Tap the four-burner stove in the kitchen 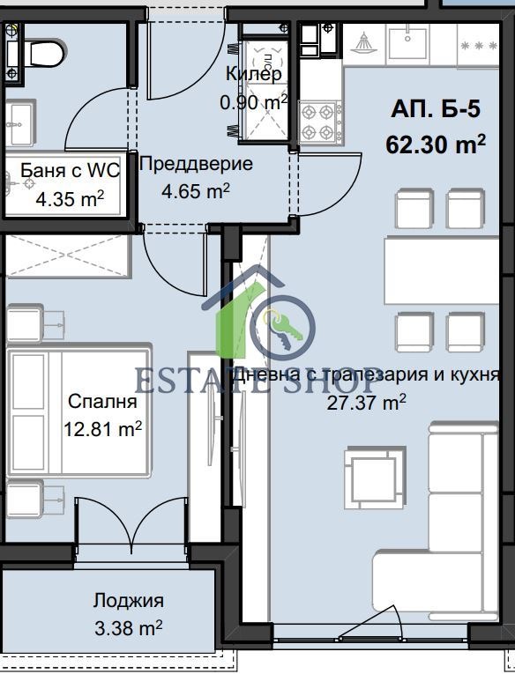[319, 122]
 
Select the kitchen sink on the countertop [408, 44]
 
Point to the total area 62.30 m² [436, 144]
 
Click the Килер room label [254, 73]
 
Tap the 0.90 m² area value [254, 102]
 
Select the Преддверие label [196, 163]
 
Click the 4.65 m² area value [196, 189]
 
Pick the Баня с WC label [69, 171]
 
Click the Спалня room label [102, 403]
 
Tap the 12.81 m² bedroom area [103, 430]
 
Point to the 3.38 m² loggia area [129, 628]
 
